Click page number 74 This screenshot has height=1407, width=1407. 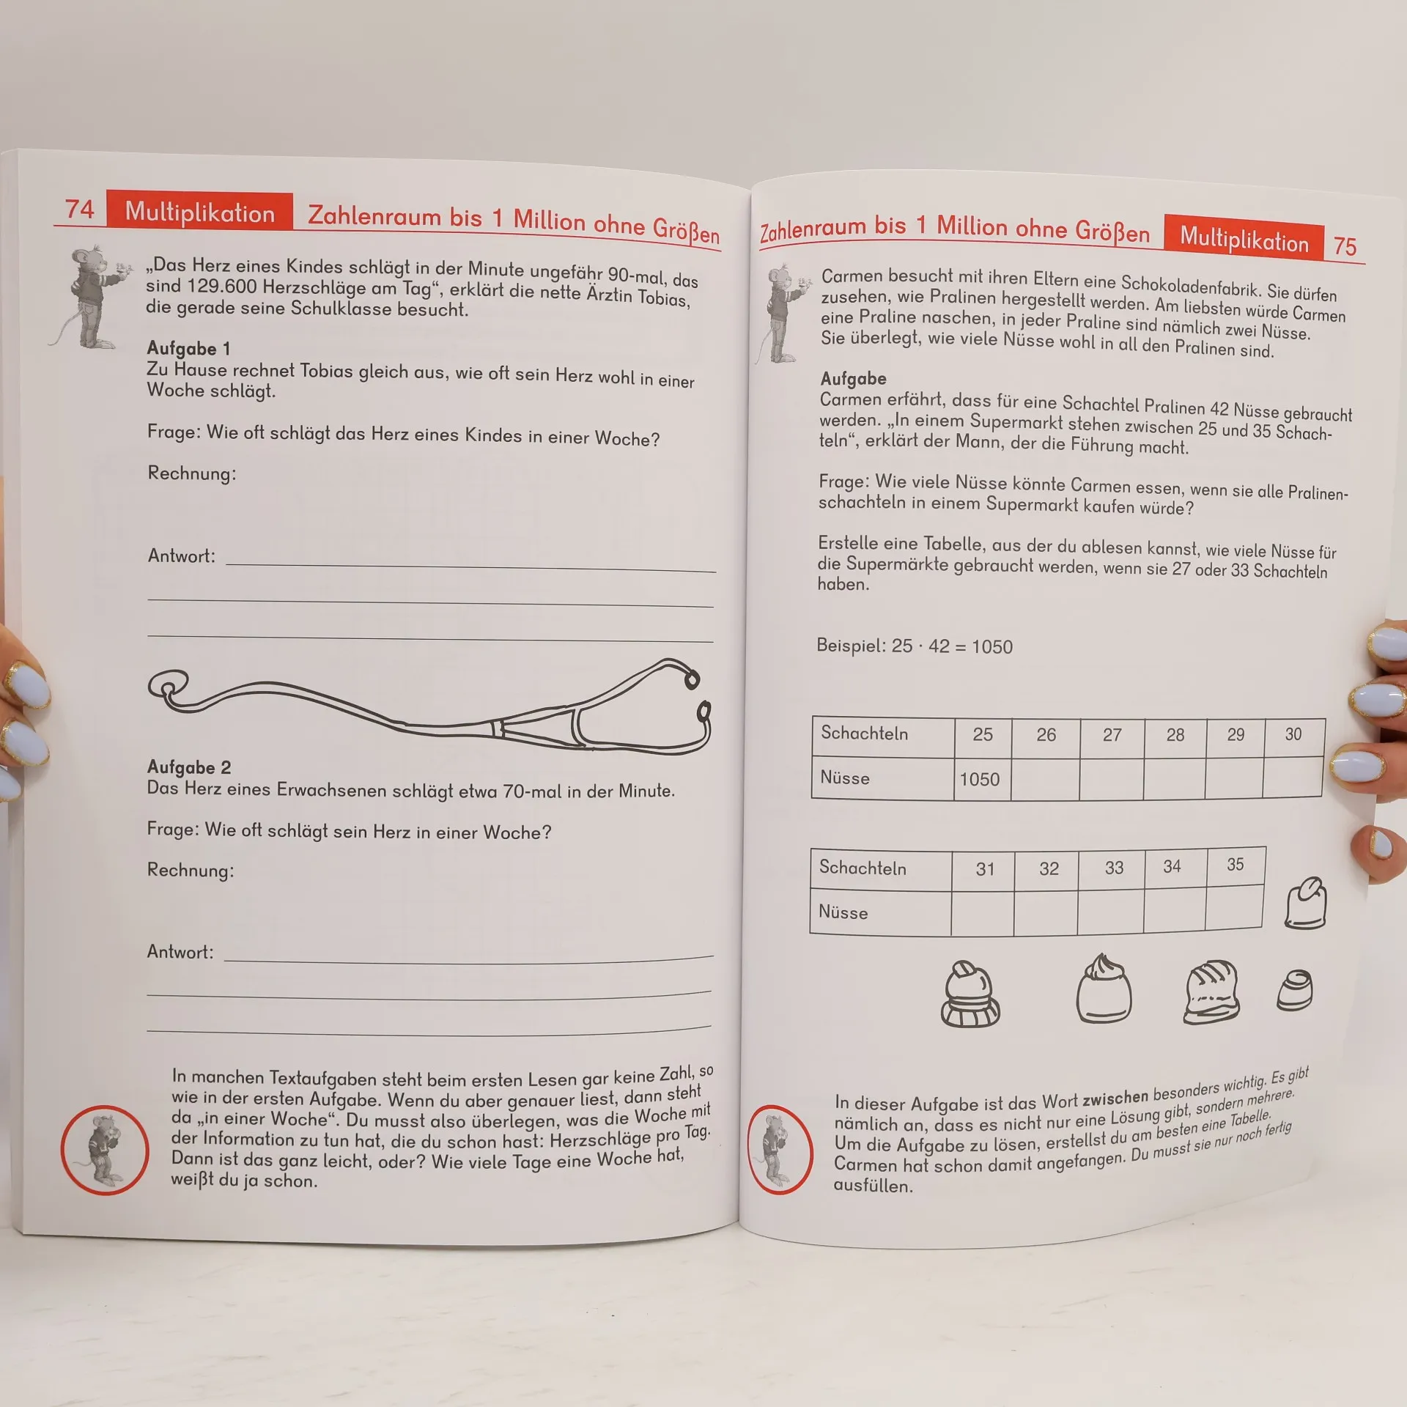(x=80, y=210)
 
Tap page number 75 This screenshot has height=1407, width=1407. (x=1345, y=246)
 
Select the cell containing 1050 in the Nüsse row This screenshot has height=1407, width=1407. (x=981, y=779)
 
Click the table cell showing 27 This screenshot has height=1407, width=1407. (x=1112, y=735)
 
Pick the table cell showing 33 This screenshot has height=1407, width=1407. (x=1114, y=868)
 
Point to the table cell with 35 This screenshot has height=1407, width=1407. (x=1236, y=865)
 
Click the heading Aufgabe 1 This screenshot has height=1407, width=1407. (x=188, y=348)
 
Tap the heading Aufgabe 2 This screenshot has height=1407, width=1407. (x=189, y=767)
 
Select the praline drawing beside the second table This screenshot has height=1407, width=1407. (x=1306, y=903)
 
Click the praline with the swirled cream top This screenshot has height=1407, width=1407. (x=1104, y=989)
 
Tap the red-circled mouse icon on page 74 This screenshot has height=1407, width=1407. (x=105, y=1151)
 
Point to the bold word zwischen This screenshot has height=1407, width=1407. (x=1115, y=1098)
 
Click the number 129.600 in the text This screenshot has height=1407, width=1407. (x=222, y=287)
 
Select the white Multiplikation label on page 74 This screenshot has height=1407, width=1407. (x=200, y=213)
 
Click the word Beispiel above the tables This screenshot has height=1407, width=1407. (x=851, y=646)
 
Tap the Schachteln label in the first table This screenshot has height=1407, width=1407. (x=864, y=734)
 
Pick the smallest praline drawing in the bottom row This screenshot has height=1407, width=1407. (x=1295, y=991)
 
